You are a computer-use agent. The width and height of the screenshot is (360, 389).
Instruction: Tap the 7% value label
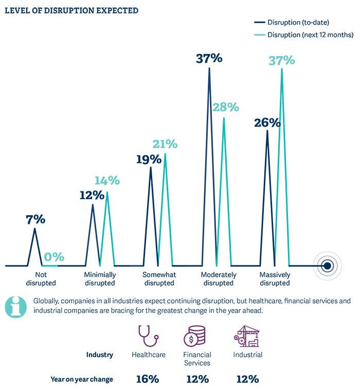(x=35, y=219)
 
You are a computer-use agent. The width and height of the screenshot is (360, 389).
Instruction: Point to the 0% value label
(x=54, y=256)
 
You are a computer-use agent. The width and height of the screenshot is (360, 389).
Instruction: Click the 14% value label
(x=107, y=181)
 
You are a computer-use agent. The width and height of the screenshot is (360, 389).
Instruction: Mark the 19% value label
(x=149, y=160)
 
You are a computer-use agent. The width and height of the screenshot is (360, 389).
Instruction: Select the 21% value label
(x=165, y=144)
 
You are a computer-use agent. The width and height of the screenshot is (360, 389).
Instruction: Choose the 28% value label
(x=226, y=107)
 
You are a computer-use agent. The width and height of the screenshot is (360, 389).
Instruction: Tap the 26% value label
(x=267, y=123)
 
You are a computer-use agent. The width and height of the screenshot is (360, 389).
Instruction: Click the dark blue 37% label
(x=209, y=58)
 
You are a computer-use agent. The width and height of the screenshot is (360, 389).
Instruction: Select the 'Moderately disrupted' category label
(x=219, y=278)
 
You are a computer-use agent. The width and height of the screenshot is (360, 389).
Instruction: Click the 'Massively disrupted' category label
(x=275, y=278)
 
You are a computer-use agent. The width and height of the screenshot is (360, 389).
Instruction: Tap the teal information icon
(x=16, y=306)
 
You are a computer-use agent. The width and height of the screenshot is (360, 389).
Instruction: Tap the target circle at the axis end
(x=327, y=266)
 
